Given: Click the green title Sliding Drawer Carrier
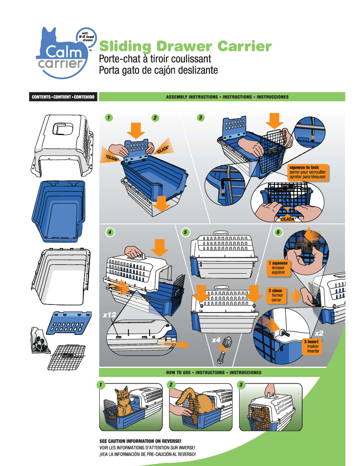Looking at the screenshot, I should click(x=185, y=46).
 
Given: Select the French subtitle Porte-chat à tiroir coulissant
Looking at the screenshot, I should click(x=155, y=59).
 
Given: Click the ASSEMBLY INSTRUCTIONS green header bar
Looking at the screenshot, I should click(x=221, y=97).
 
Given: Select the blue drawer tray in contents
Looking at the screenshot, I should click(x=59, y=210).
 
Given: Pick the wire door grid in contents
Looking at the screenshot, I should click(x=66, y=357).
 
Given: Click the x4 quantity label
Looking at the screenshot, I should click(x=216, y=340).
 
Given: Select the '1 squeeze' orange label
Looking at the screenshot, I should click(x=278, y=268).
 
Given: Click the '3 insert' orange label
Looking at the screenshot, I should click(x=313, y=346).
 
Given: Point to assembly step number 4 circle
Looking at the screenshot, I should click(x=109, y=232).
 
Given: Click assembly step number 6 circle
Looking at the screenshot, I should click(x=277, y=233).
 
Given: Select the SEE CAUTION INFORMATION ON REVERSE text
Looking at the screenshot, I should click(x=141, y=441).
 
